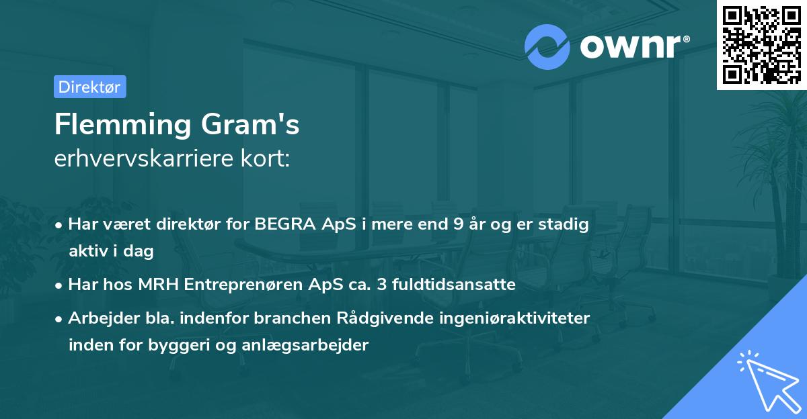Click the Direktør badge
89,87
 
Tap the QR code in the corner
762,45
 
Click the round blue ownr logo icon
547,46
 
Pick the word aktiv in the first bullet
88,251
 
